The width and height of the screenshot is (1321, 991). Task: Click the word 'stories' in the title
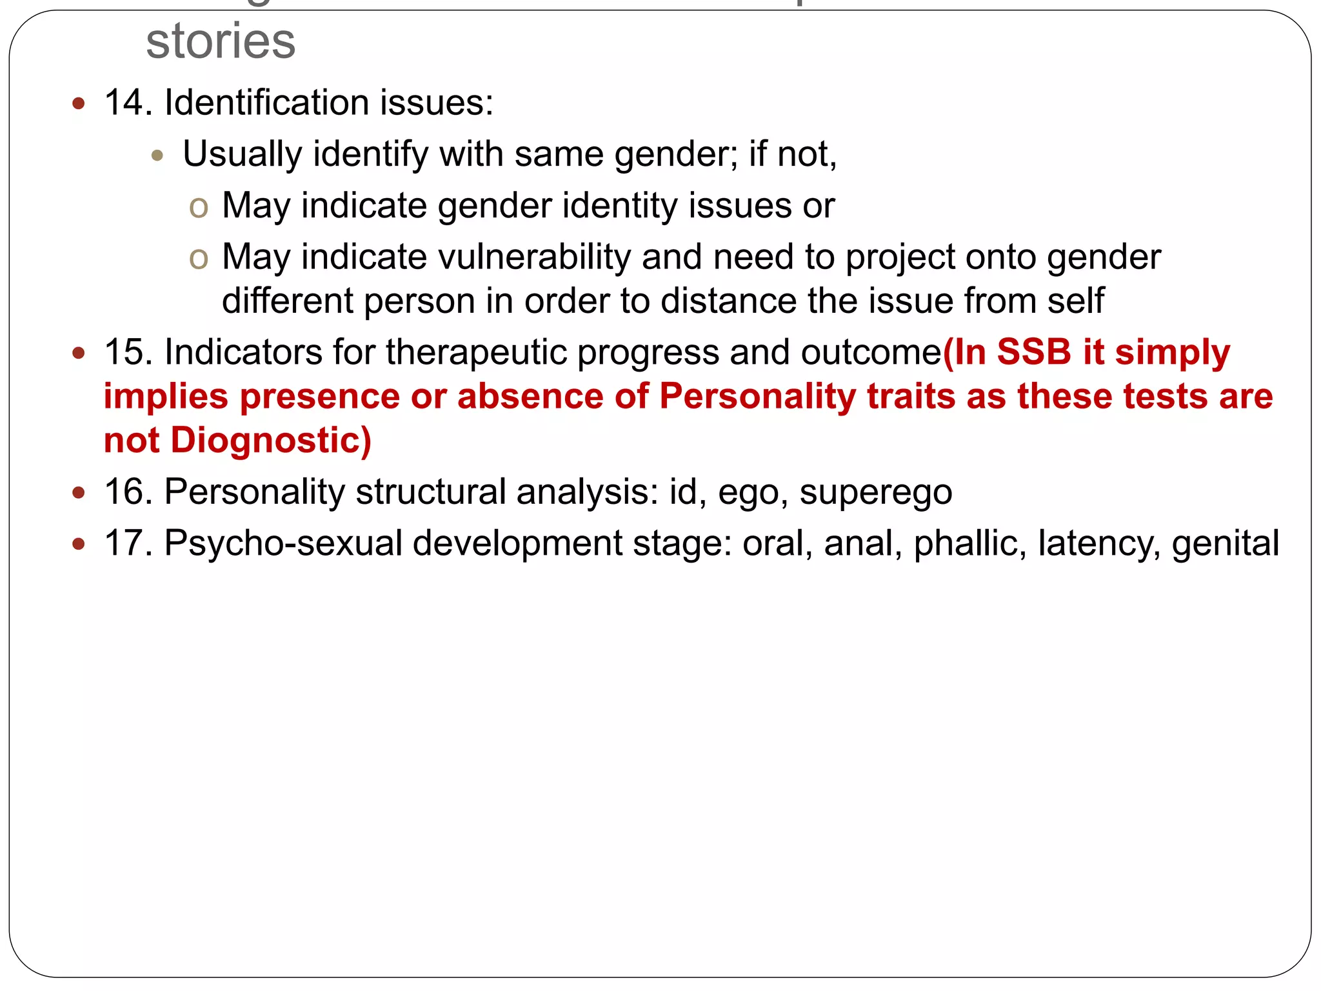click(221, 41)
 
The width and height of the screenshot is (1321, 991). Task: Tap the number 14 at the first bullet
click(127, 103)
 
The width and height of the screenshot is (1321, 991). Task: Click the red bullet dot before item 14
click(79, 103)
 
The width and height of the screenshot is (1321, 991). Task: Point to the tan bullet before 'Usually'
click(157, 155)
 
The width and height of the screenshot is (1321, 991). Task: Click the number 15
click(127, 352)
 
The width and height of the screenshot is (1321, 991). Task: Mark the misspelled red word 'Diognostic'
click(270, 440)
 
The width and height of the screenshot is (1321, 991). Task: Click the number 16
click(127, 492)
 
